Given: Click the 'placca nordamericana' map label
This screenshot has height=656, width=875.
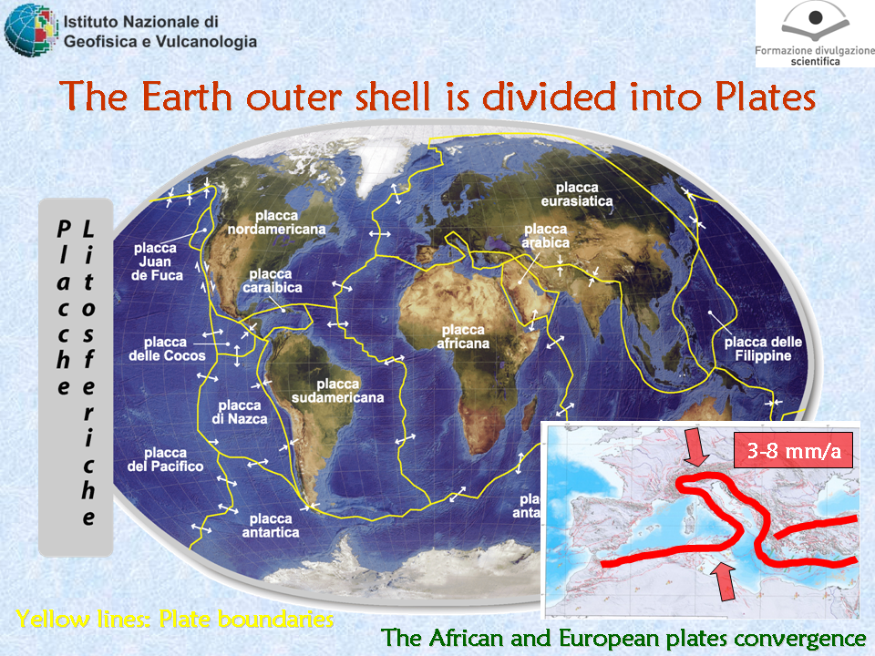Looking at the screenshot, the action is [x=276, y=222].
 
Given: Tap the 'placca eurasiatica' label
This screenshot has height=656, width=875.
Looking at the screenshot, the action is [x=577, y=194].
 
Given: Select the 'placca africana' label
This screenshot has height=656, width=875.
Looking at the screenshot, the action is [x=463, y=336].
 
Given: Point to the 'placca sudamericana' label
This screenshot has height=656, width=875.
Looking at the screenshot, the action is [x=337, y=391].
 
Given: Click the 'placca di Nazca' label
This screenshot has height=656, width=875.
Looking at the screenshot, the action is [x=240, y=412].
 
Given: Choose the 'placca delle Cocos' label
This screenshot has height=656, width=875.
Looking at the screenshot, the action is [x=167, y=349].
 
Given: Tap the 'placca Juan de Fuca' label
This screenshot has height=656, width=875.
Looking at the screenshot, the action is [x=157, y=261].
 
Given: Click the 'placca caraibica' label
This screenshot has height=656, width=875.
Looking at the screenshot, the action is [x=273, y=281].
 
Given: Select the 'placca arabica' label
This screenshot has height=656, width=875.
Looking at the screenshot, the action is [x=546, y=236].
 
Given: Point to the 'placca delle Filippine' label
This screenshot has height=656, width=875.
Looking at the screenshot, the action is [x=763, y=349].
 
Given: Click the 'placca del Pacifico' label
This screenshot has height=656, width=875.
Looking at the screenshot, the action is [x=165, y=459].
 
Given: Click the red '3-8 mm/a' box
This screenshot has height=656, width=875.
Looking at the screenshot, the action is [x=794, y=450].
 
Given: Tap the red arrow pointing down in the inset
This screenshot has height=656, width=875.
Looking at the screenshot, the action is [x=695, y=446].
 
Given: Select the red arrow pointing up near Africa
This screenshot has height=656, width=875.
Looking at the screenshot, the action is [x=724, y=581].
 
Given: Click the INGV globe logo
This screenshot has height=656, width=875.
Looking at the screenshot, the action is [x=31, y=31].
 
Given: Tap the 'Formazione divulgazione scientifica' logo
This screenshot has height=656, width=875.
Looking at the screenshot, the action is [x=815, y=34].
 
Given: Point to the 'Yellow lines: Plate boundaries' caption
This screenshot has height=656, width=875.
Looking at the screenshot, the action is [x=175, y=620].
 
